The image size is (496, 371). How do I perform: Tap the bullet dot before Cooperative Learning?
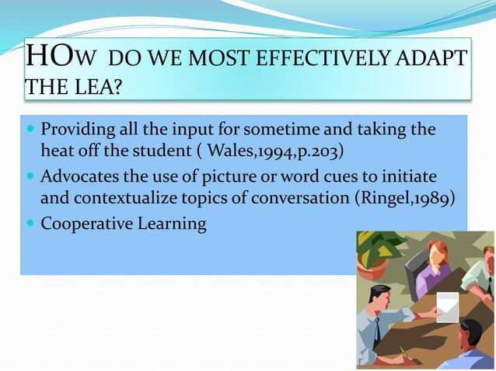click(30, 225)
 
